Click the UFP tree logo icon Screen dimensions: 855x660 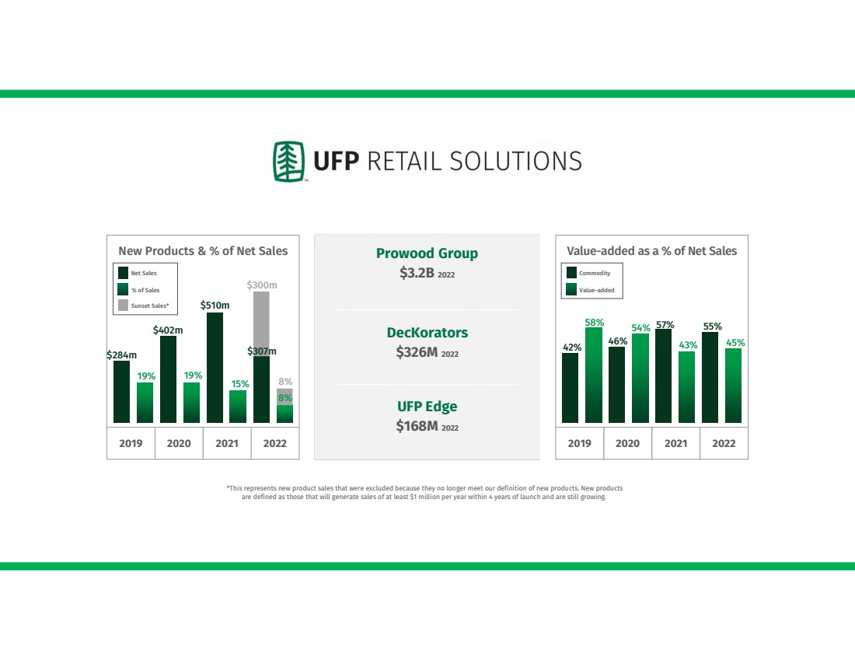coord(289,162)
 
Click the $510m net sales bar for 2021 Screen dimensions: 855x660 coord(215,368)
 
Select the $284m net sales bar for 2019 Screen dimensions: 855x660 coord(121,392)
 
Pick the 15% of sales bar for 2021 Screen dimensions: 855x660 coord(238,407)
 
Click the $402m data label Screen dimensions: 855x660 coord(168,330)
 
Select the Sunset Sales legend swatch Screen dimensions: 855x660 coord(124,306)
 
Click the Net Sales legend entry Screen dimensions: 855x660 coord(138,273)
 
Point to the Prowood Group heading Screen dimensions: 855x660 coord(427,253)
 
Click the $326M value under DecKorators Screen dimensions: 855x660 coord(417,352)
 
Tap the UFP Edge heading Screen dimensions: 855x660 coord(427,407)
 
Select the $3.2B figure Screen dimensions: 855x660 coord(417,273)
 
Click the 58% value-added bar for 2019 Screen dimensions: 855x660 coord(594,375)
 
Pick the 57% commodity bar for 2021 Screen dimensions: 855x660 coord(663,375)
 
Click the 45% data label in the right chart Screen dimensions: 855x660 coord(735,343)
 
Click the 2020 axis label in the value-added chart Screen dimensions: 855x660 coord(627,443)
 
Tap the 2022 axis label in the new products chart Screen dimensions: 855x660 coord(275,443)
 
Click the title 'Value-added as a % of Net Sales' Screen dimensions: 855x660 coord(651,251)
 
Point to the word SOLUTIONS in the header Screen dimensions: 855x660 coord(515,162)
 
